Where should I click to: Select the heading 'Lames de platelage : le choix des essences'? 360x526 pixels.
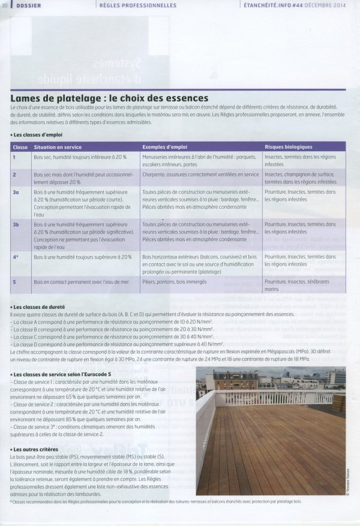pos(109,98)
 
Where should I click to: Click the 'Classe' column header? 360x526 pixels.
pos(20,147)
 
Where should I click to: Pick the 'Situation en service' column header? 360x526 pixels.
pos(58,147)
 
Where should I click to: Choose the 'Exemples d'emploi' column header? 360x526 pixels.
pos(164,147)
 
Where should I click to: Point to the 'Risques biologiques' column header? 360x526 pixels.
pos(288,147)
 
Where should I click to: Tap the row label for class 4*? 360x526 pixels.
pos(16,257)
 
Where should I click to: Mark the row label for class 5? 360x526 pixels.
pos(14,281)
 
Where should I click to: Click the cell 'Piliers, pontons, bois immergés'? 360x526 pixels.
pos(174,281)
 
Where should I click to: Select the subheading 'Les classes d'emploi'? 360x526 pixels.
pos(37,135)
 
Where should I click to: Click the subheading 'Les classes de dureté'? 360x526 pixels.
pos(39,306)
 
